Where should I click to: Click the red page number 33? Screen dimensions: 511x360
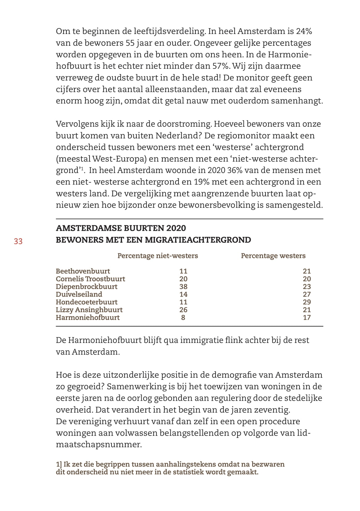(18, 241)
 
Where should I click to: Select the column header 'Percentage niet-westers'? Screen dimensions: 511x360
(157, 256)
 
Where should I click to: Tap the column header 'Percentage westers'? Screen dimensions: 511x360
(273, 256)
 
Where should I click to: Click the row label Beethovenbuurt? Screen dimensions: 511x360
(83, 271)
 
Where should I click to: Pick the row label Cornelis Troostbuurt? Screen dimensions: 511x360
(90, 279)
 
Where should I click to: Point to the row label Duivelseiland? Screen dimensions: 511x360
(79, 294)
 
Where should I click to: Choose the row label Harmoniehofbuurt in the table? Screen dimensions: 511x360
(87, 318)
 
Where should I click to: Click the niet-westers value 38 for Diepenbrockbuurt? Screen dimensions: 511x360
(183, 287)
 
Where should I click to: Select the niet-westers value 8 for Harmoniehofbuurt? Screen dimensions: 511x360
(183, 318)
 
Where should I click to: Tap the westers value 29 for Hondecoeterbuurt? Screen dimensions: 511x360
(307, 302)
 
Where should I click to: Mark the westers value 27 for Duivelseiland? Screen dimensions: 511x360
(307, 294)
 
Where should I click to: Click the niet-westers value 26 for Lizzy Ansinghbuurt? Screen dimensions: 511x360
(183, 310)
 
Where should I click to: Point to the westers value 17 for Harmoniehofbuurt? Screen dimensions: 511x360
(307, 318)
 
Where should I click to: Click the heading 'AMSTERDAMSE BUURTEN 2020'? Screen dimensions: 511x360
(121, 228)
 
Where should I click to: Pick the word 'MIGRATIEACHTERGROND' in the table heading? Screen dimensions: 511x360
(198, 240)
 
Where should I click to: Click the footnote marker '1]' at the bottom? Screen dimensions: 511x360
(59, 465)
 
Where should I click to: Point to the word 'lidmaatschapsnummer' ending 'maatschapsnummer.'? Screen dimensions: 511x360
(99, 445)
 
